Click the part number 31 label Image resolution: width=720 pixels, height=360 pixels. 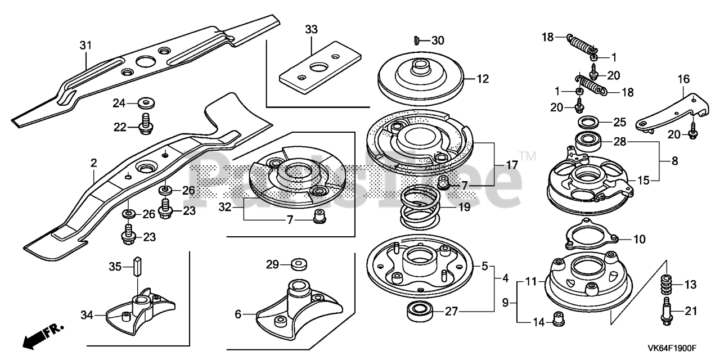coord(85,44)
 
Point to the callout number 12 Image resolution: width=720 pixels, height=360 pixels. coord(483,79)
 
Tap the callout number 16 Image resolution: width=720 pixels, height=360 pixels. coord(683,80)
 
